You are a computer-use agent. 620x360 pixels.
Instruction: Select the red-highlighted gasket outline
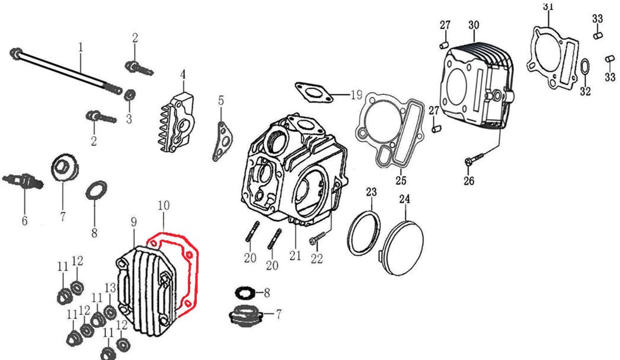194,261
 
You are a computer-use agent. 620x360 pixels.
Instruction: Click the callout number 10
164,206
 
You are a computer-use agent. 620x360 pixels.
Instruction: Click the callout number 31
548,7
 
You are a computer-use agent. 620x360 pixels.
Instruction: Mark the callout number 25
401,180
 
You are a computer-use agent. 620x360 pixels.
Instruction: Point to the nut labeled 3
132,94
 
